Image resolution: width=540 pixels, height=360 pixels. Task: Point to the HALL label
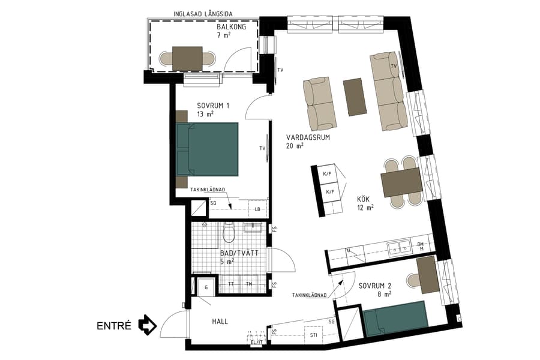click(x=220, y=322)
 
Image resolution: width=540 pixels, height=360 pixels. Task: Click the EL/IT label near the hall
click(x=257, y=343)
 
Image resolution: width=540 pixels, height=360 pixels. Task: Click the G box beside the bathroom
click(x=206, y=287)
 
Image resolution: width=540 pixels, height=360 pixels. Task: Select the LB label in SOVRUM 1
click(x=257, y=209)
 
